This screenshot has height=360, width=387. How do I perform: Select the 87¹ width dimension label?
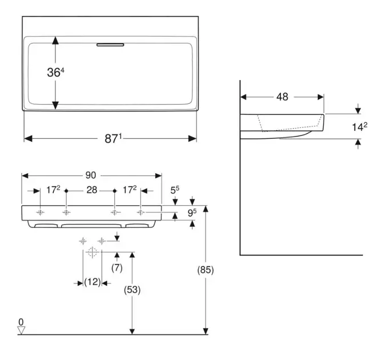[112, 139]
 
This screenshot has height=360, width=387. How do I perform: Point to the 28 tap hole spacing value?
[91, 190]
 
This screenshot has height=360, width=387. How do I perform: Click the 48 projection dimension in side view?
[282, 97]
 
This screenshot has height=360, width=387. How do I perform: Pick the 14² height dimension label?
[359, 127]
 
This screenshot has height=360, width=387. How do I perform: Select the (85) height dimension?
[204, 270]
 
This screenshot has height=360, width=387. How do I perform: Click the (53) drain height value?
[132, 290]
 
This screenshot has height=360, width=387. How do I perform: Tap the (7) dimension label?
[117, 267]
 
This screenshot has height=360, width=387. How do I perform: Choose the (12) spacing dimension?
[92, 282]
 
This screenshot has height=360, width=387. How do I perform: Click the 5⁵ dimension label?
[175, 190]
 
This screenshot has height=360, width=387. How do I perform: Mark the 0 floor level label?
[21, 322]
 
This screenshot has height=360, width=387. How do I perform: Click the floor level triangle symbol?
[22, 330]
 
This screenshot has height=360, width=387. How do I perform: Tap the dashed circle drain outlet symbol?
[92, 251]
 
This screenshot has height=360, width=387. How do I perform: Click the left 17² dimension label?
[53, 190]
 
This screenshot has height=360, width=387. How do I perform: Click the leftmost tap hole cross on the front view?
[41, 213]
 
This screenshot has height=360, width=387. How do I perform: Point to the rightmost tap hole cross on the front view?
[141, 213]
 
